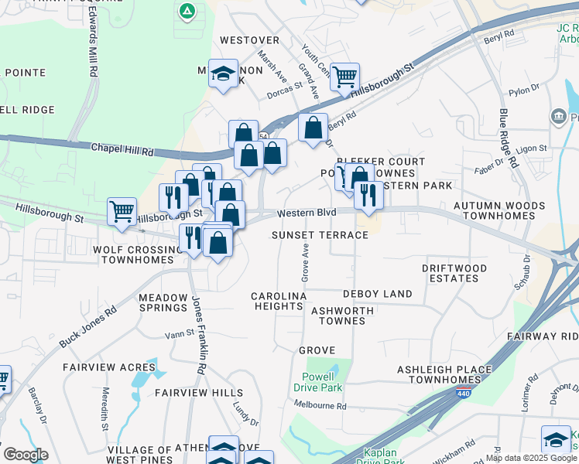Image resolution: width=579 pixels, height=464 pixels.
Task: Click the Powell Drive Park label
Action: coord(323,382)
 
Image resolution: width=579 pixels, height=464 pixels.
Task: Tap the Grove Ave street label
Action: coord(305,262)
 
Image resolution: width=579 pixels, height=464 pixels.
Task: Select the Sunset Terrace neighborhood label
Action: coord(320,235)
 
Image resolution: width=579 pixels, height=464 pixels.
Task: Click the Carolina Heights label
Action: coord(279,301)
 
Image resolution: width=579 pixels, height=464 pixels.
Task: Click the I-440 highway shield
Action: coord(462,394)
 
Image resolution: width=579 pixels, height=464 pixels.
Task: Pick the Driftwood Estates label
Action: coord(454,273)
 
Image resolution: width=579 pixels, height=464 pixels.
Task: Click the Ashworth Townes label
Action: coord(341,316)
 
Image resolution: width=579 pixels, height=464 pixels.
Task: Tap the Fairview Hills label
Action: coord(199,393)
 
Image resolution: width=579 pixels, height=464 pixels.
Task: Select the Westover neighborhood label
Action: coord(248,39)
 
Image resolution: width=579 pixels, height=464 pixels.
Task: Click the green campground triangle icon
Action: coord(187,11)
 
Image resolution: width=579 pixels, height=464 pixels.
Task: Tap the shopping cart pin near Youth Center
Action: coord(344,76)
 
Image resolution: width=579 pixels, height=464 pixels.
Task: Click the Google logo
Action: coord(26,455)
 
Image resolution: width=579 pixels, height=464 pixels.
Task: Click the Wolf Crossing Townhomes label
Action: coord(132,254)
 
